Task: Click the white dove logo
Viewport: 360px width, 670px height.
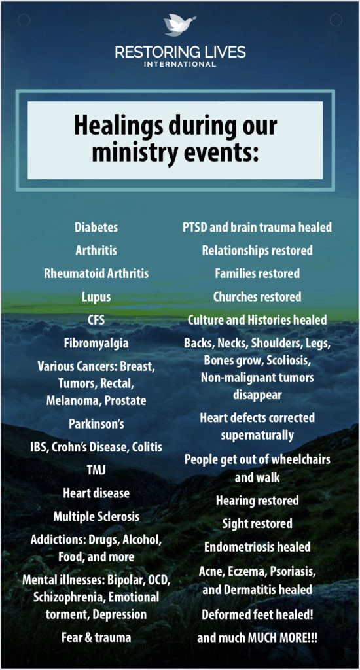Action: point(177,26)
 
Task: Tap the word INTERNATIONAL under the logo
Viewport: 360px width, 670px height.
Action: point(180,65)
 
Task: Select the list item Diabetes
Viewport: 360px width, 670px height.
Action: point(96,227)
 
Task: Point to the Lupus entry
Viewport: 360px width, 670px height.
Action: point(96,297)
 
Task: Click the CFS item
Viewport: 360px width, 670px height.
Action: point(96,319)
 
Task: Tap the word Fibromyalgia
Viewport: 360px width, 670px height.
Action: point(96,343)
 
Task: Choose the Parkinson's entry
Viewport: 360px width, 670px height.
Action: point(97,424)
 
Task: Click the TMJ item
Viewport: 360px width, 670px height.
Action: point(96,470)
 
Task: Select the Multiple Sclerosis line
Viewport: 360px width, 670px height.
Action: point(96,517)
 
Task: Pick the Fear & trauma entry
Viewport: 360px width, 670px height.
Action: point(96,638)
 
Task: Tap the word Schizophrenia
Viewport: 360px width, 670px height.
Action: point(63,597)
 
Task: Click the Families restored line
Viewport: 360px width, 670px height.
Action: point(257,273)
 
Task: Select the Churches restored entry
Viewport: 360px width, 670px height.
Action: point(257,296)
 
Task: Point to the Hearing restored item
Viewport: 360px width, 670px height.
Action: point(257,501)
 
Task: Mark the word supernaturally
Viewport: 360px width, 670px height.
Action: point(257,435)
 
